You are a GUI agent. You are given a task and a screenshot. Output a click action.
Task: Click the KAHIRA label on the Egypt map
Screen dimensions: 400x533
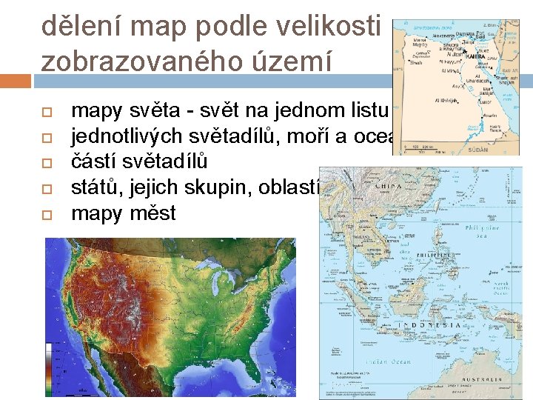tap(477, 56)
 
